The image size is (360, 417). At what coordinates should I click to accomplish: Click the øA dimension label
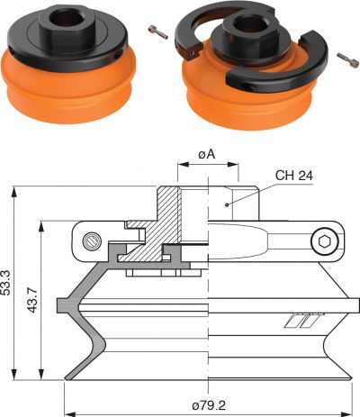[207, 155]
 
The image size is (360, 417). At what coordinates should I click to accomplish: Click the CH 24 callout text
[294, 176]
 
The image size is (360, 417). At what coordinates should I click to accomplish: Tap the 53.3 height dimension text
[5, 283]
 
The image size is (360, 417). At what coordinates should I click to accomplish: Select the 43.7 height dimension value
[32, 300]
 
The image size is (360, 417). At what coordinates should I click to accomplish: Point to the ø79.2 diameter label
[209, 406]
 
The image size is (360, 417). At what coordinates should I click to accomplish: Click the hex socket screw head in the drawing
[325, 241]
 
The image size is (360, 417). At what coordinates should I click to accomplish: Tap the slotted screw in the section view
[92, 241]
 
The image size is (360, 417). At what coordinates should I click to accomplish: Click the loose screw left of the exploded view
[158, 32]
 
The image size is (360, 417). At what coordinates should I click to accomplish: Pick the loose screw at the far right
[348, 59]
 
